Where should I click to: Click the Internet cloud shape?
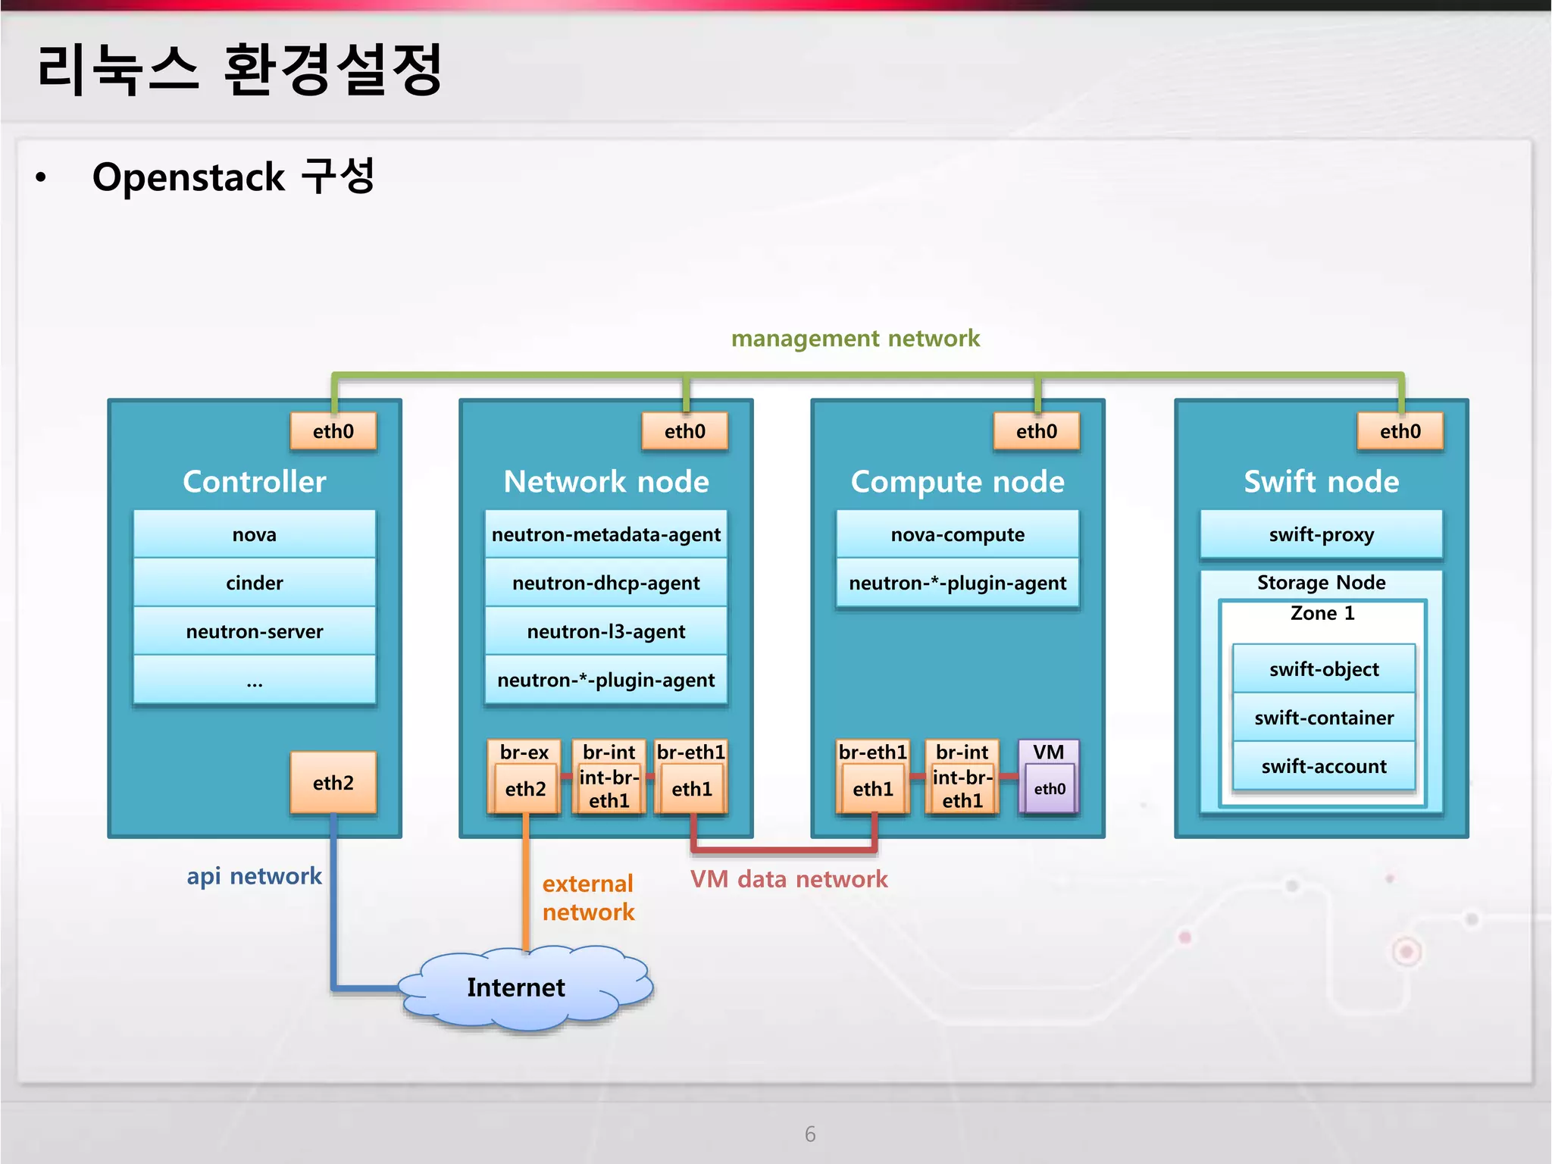click(523, 987)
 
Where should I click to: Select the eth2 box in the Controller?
click(333, 783)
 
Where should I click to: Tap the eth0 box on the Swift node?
click(1400, 431)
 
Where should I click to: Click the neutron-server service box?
click(255, 631)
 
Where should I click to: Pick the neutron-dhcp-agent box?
click(605, 583)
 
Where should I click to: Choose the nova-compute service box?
click(957, 534)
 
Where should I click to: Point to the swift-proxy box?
click(1321, 534)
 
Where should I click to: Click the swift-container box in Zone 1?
click(1323, 718)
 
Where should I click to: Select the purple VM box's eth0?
click(1050, 789)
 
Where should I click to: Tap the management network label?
click(855, 338)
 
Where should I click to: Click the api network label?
click(254, 876)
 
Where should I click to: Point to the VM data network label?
click(788, 879)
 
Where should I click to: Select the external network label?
click(588, 898)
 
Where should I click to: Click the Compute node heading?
click(957, 482)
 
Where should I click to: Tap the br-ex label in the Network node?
click(524, 752)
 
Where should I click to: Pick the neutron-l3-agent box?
click(605, 631)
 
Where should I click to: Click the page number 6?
click(810, 1134)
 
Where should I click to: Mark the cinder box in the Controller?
click(255, 583)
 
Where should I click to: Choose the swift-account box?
click(1323, 766)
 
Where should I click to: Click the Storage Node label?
click(1321, 582)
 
